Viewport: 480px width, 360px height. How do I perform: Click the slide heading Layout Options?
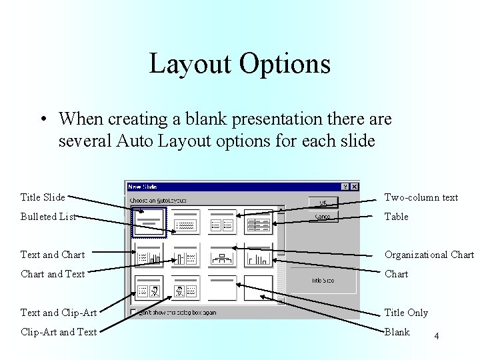239,64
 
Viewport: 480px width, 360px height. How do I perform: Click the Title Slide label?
43,197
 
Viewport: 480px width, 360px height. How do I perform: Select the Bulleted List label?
48,217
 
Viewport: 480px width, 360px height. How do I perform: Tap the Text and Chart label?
53,255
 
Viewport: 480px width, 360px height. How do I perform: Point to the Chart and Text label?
53,274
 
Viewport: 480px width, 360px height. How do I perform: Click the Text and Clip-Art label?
59,313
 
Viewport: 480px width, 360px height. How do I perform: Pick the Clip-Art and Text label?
59,332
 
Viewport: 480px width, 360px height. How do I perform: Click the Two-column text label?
421,197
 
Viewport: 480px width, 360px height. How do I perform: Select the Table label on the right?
396,217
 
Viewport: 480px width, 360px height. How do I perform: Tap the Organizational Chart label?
429,255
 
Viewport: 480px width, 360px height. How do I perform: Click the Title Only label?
406,313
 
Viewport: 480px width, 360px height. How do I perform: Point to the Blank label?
397,332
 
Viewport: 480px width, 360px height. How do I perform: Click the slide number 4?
436,337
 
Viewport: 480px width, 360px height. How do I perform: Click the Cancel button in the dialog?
323,217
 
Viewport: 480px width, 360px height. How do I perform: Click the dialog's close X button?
354,187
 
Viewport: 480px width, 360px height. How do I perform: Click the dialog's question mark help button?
345,187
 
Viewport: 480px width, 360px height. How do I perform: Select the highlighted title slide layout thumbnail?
150,222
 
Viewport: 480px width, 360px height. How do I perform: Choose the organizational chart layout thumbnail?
222,256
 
